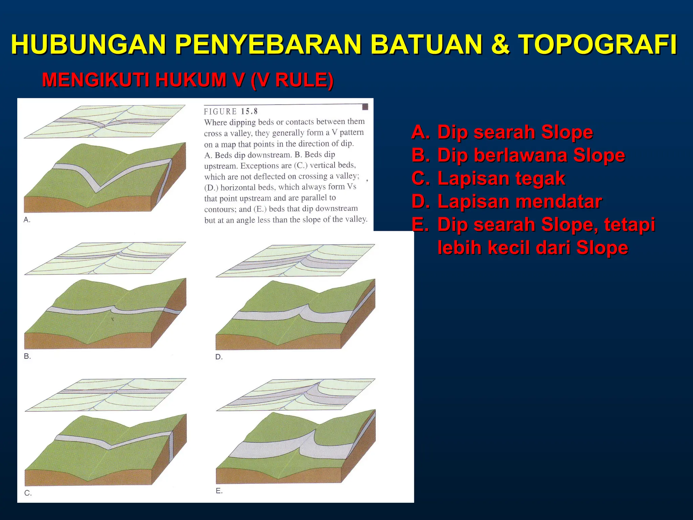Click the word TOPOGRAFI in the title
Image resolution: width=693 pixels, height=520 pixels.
pos(598,44)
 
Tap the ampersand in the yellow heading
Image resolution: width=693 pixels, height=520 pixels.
pos(500,44)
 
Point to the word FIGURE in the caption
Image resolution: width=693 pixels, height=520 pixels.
pos(220,111)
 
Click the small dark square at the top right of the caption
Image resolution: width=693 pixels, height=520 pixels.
pos(365,107)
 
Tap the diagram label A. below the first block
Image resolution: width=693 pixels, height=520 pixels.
pos(27,220)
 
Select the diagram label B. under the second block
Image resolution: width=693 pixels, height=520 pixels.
pos(27,356)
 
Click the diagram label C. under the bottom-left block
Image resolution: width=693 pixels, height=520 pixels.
pos(28,493)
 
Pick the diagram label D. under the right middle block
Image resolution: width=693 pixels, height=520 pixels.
pos(219,357)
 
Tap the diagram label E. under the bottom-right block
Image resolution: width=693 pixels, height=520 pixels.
pos(219,491)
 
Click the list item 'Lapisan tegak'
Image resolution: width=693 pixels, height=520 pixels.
pos(501,178)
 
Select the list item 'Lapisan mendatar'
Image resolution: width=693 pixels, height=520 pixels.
pos(519,201)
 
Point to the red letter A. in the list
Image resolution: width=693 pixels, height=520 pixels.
pos(421,132)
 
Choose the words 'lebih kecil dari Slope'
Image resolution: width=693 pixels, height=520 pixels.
pos(533,247)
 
